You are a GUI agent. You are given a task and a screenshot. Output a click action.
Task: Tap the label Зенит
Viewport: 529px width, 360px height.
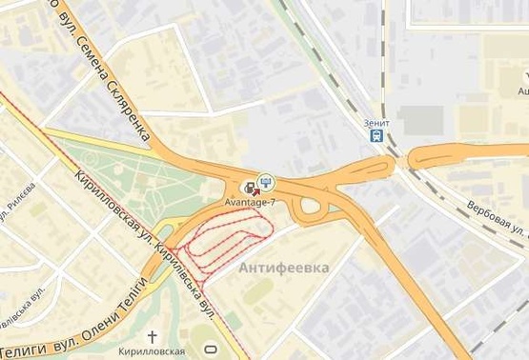click(x=377, y=122)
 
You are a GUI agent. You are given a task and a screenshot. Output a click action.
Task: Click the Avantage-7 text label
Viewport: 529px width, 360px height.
click(x=249, y=203)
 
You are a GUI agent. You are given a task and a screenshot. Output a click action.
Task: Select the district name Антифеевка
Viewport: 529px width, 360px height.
click(x=284, y=268)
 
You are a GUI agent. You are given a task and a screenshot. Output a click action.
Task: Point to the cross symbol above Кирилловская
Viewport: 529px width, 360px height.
click(x=153, y=336)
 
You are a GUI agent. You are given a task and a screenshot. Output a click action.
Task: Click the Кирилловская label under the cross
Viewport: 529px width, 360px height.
click(x=153, y=351)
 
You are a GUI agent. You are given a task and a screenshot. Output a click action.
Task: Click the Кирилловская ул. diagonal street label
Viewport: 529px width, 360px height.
click(x=111, y=205)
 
